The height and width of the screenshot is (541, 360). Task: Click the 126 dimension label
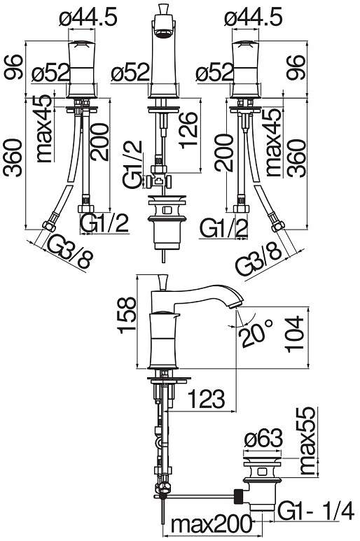click(x=188, y=130)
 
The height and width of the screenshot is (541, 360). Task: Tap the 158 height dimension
click(x=127, y=315)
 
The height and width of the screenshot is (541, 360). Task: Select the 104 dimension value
click(x=295, y=334)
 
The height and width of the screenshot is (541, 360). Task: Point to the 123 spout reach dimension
click(x=207, y=398)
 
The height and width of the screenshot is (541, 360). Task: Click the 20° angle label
click(x=257, y=334)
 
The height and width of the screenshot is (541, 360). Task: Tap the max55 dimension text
click(x=307, y=441)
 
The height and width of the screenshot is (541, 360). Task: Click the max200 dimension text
click(x=212, y=524)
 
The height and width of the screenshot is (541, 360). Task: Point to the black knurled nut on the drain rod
click(x=239, y=497)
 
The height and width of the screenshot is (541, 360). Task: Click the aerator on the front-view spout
click(x=165, y=33)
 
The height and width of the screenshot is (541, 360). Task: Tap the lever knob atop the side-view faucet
click(x=162, y=282)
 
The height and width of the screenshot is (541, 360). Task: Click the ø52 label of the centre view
click(x=130, y=73)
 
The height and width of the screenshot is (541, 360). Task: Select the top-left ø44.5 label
click(x=88, y=17)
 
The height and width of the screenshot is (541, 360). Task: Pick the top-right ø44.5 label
click(x=253, y=17)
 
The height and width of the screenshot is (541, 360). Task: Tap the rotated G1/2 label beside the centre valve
click(x=133, y=164)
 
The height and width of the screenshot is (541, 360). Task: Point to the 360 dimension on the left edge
click(x=13, y=157)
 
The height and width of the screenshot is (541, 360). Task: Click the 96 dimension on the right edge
click(x=296, y=68)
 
